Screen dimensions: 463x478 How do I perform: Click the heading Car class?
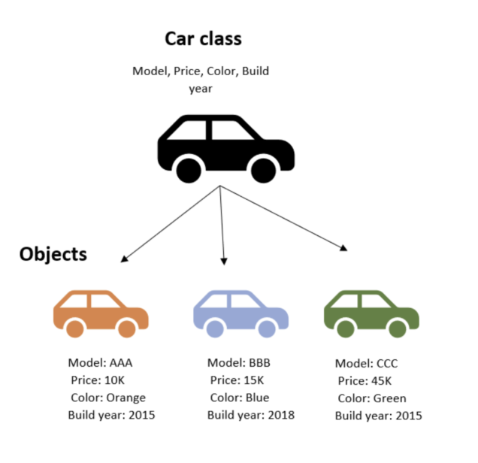(203, 38)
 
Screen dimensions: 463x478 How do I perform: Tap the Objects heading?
(53, 254)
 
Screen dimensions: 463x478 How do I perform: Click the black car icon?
(225, 148)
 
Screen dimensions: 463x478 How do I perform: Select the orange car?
(101, 313)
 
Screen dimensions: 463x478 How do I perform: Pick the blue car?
(240, 313)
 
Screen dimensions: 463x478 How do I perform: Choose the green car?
(370, 313)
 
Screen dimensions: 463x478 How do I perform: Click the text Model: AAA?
(100, 362)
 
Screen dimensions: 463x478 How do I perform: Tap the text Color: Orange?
(108, 398)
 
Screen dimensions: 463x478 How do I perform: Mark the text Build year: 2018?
(250, 415)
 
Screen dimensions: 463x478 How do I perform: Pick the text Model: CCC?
(366, 363)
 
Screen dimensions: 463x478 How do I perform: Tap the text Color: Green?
(371, 398)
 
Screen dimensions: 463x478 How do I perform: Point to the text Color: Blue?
(239, 398)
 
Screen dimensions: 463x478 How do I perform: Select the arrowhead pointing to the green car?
(344, 248)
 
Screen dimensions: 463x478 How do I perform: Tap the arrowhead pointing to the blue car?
(224, 260)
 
